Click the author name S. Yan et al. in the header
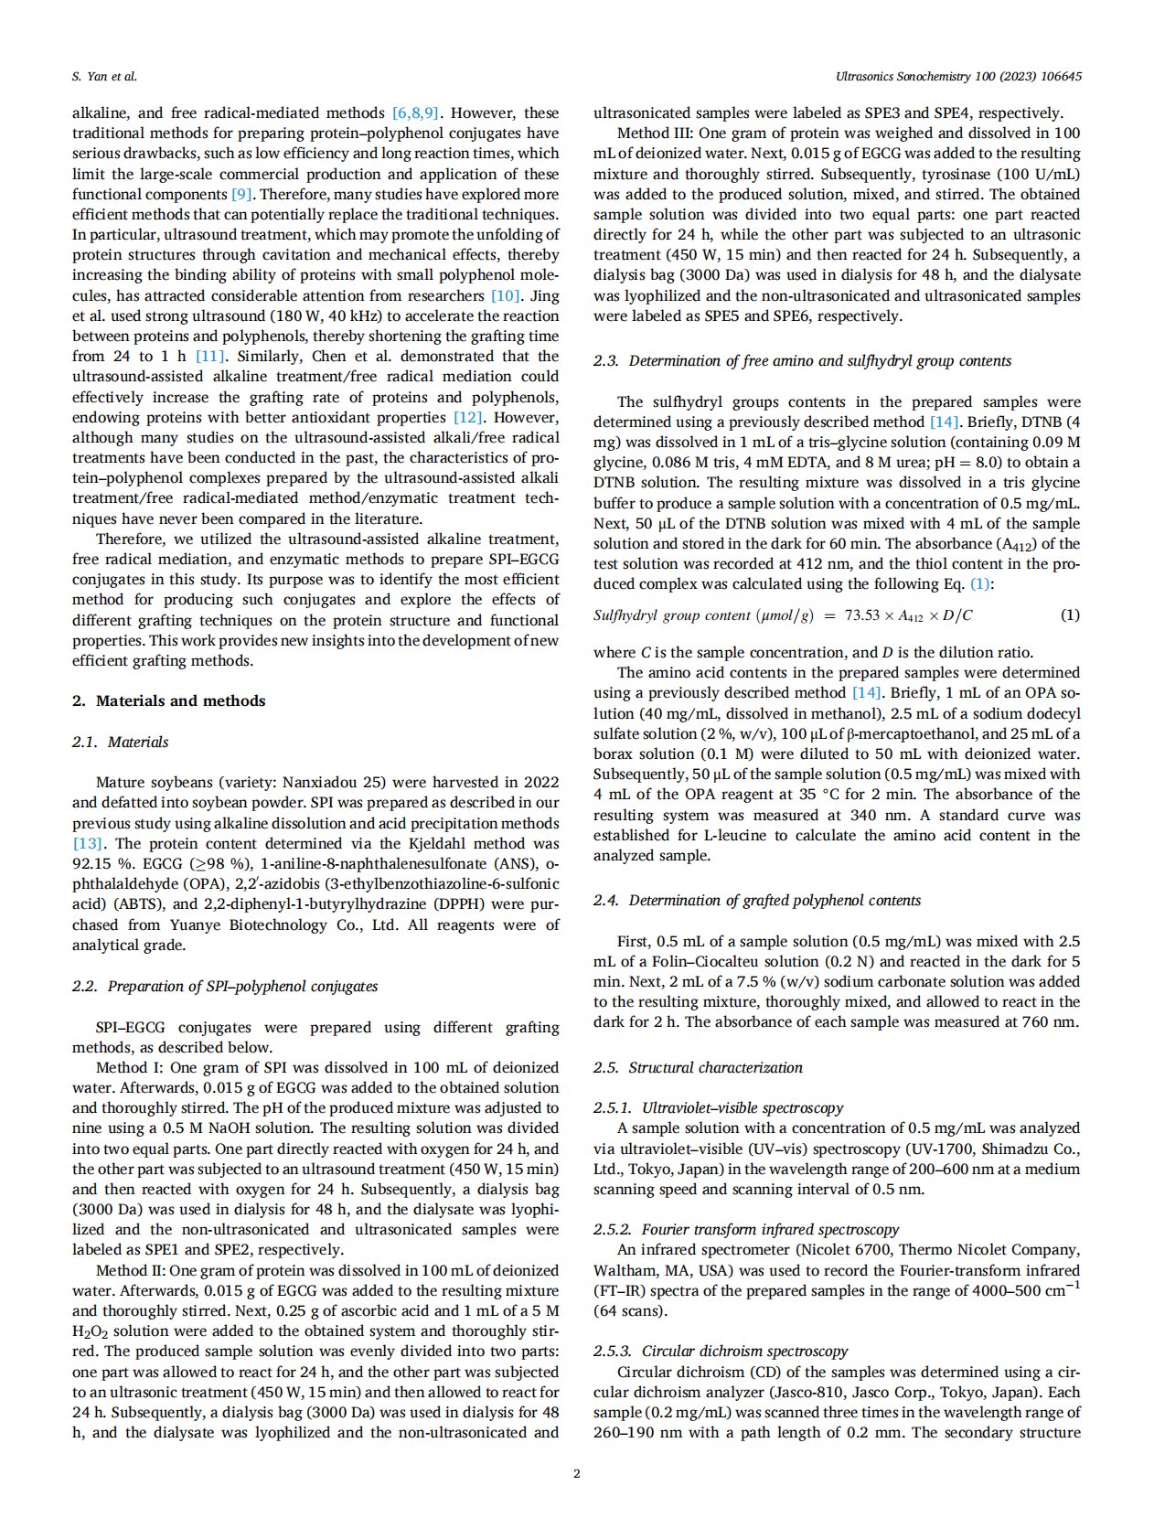pyautogui.click(x=104, y=77)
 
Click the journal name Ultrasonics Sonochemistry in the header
pyautogui.click(x=914, y=77)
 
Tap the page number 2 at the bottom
pyautogui.click(x=576, y=1473)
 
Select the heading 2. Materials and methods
pyautogui.click(x=168, y=701)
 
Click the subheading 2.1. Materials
pyautogui.click(x=120, y=743)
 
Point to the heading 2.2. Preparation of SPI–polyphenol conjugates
pyautogui.click(x=224, y=987)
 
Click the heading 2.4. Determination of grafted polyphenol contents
pyautogui.click(x=756, y=901)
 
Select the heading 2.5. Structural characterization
pyautogui.click(x=697, y=1068)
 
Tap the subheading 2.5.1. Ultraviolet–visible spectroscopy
pyautogui.click(x=718, y=1108)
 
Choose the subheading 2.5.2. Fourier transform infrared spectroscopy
pyautogui.click(x=745, y=1230)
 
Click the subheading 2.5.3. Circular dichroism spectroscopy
pyautogui.click(x=720, y=1352)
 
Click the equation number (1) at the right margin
pyautogui.click(x=1069, y=615)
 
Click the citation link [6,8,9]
pyautogui.click(x=416, y=113)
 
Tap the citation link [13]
pyautogui.click(x=88, y=843)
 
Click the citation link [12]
pyautogui.click(x=470, y=418)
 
